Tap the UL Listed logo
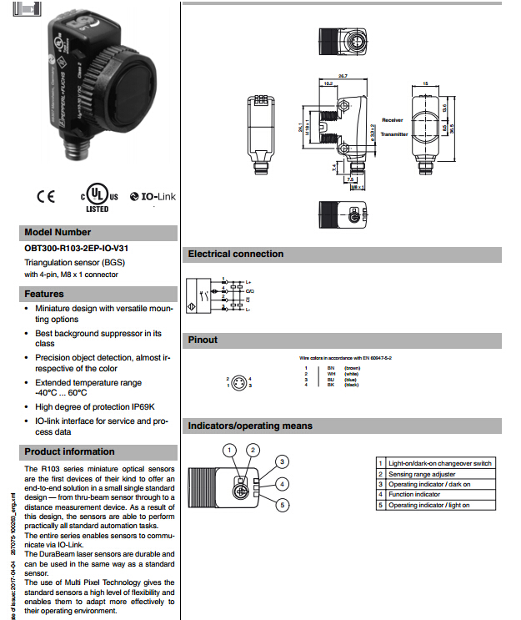(x=98, y=195)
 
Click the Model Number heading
(x=58, y=232)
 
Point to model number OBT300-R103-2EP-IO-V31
(x=81, y=248)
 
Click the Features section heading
(x=44, y=294)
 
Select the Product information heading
(x=69, y=452)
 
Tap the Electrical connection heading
(x=236, y=254)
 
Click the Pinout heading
(x=203, y=340)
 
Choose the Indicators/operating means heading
(x=250, y=426)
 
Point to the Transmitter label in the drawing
(x=394, y=134)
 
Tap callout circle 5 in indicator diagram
(x=283, y=505)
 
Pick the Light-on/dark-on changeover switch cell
(x=441, y=463)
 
